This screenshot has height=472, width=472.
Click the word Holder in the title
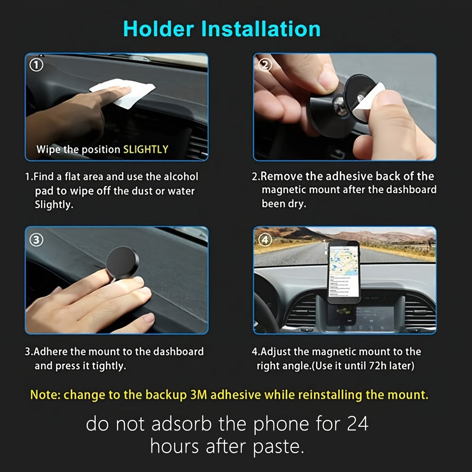(x=159, y=29)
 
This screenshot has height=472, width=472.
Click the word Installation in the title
(x=261, y=29)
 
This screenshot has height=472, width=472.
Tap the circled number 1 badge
(x=36, y=65)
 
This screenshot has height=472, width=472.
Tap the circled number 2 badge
(x=265, y=64)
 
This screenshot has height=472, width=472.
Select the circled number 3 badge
(x=36, y=240)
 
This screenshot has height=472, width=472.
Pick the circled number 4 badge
(x=265, y=240)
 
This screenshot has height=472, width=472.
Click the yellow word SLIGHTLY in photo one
(x=146, y=149)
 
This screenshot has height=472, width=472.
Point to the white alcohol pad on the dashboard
(x=123, y=93)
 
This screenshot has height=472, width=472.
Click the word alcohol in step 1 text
(x=181, y=177)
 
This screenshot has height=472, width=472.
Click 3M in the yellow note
(x=198, y=395)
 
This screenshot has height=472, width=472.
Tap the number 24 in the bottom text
(x=358, y=424)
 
